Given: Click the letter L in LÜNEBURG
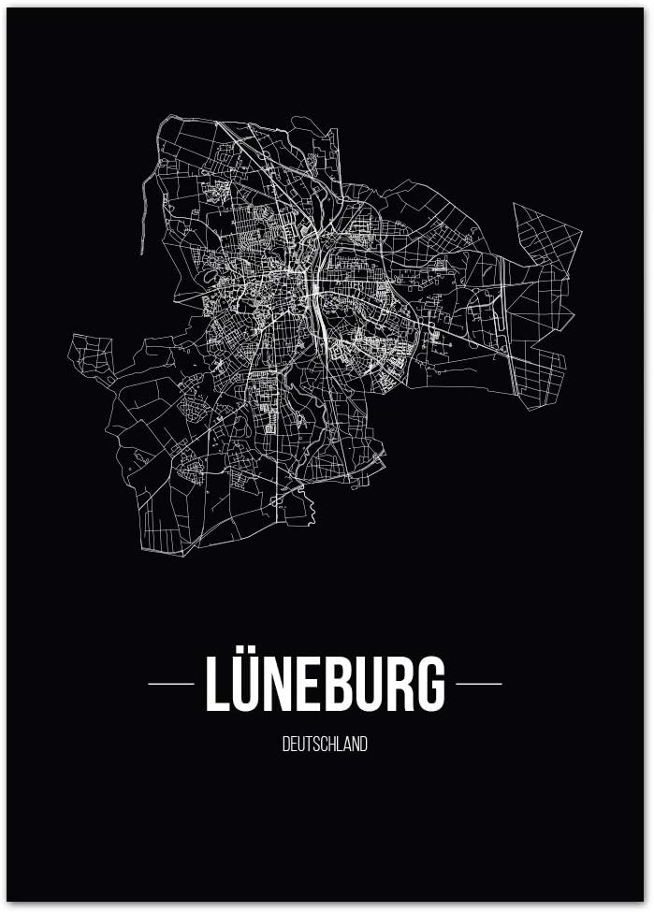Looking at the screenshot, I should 217,684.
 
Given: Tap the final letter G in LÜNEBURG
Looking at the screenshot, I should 431,684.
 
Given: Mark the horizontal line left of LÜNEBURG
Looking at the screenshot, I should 171,684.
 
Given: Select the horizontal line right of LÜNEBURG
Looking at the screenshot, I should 478,684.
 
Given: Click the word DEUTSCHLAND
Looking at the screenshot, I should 325,746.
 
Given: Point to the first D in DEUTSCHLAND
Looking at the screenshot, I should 285,746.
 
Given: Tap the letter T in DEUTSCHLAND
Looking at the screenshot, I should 309,746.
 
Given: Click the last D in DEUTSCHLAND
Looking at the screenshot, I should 364,746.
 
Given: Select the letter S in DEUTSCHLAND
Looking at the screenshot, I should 316,746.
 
